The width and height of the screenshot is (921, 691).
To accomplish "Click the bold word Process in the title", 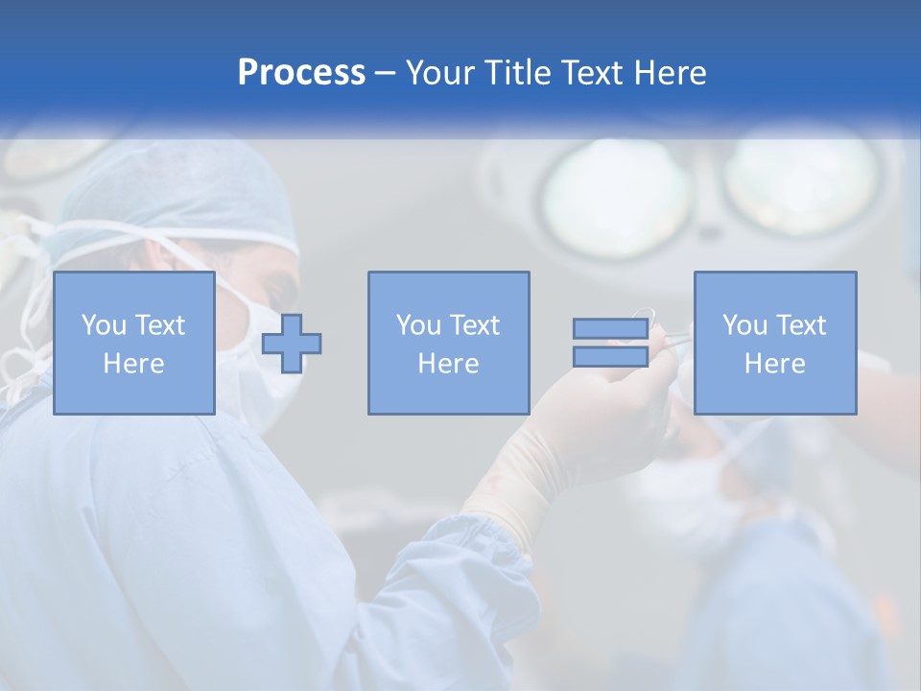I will [301, 73].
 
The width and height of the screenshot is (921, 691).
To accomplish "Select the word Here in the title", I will [670, 73].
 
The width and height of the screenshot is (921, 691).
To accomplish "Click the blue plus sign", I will [292, 344].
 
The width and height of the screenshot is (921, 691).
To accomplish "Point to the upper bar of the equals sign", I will [610, 329].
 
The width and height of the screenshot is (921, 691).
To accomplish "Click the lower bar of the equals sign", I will [610, 356].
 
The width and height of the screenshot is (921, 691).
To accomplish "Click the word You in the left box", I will [103, 325].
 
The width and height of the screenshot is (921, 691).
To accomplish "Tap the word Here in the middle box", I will [448, 364].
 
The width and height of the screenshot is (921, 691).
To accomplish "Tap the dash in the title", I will [385, 74].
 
